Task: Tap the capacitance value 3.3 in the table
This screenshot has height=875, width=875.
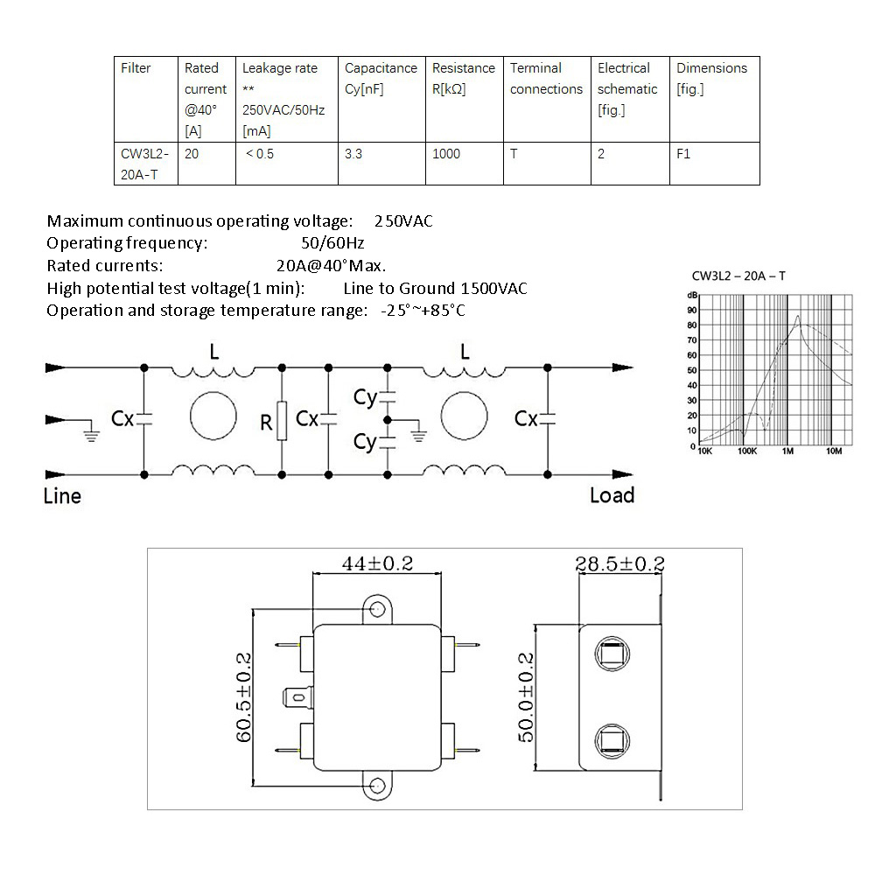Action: pyautogui.click(x=353, y=154)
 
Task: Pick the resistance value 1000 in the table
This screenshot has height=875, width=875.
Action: pyautogui.click(x=446, y=154)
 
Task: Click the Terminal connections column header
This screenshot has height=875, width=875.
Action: pyautogui.click(x=546, y=79)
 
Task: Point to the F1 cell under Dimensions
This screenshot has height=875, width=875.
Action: pyautogui.click(x=683, y=154)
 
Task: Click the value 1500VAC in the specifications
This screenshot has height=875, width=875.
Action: pyautogui.click(x=494, y=288)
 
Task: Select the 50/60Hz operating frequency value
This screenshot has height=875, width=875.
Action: pyautogui.click(x=332, y=242)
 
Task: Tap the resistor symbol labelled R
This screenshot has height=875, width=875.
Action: pyautogui.click(x=281, y=421)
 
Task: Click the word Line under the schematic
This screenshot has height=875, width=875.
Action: pyautogui.click(x=62, y=496)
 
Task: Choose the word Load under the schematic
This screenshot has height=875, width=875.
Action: pyautogui.click(x=612, y=495)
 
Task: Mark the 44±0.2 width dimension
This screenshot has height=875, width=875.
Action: pyautogui.click(x=376, y=564)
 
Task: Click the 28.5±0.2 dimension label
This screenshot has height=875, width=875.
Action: pyautogui.click(x=619, y=563)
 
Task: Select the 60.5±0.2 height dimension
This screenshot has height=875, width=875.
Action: pyautogui.click(x=242, y=696)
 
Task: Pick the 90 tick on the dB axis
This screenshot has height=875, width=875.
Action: pyautogui.click(x=692, y=309)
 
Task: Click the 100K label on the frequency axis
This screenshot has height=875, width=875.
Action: pyautogui.click(x=746, y=452)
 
